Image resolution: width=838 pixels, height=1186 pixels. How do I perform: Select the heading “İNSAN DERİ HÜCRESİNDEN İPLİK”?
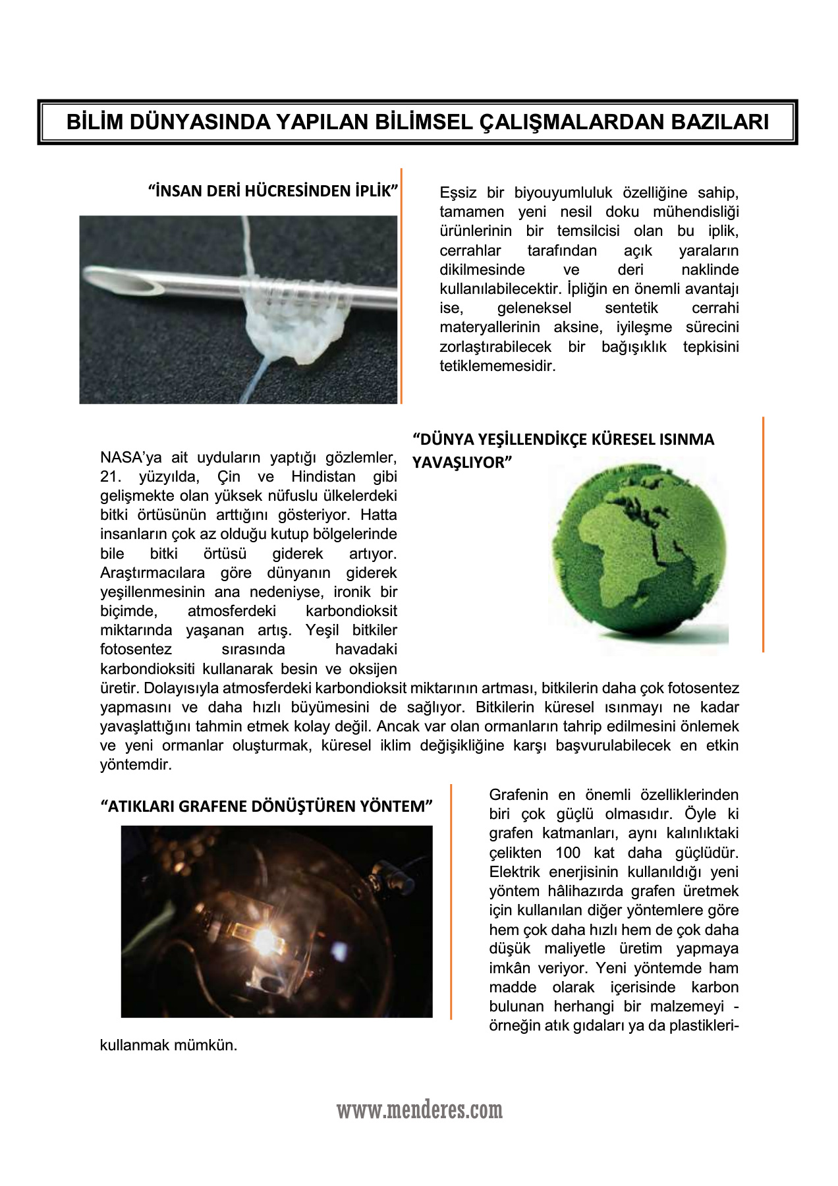273,191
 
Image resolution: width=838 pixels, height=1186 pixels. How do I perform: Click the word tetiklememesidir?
497,366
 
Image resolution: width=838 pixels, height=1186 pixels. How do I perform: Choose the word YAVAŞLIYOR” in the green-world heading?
462,463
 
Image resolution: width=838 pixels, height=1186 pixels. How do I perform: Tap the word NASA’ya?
130,458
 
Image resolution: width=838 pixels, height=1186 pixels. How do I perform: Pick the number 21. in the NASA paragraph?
111,477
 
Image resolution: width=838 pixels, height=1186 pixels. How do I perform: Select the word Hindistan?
323,477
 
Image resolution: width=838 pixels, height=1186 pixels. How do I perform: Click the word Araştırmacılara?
152,573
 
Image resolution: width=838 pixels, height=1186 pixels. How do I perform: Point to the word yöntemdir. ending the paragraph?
136,765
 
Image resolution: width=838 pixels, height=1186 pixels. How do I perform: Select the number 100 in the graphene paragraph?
568,853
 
